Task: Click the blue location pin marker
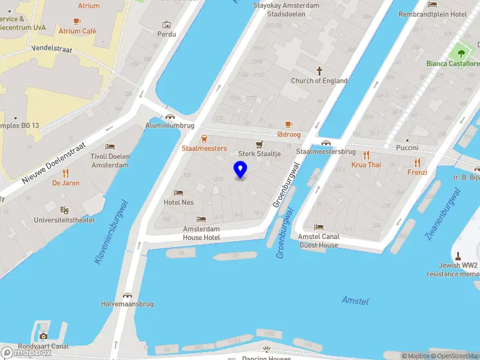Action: tap(240, 169)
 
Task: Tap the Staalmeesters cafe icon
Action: tap(205, 139)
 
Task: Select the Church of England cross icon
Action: tap(319, 70)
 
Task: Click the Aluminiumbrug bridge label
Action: tap(170, 125)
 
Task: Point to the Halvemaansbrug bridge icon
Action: tap(127, 295)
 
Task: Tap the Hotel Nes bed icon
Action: tap(179, 193)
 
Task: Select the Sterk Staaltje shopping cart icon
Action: tap(259, 145)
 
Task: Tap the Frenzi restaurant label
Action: tap(417, 172)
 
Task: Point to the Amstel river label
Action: tap(355, 300)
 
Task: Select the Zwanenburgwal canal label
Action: tap(443, 214)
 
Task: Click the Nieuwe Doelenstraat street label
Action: tap(53, 163)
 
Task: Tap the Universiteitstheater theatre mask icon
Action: tap(64, 210)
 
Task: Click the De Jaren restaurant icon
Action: tap(65, 173)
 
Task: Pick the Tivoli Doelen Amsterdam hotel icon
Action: tap(110, 147)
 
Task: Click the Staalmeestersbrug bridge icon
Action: tap(326, 143)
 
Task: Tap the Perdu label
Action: tap(167, 34)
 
